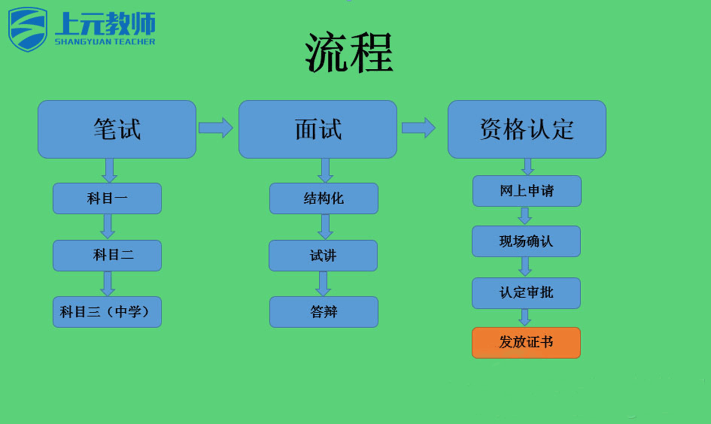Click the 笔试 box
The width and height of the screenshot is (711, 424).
point(117,129)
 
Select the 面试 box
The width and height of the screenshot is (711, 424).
point(318,129)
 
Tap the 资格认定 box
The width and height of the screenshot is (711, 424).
point(527,129)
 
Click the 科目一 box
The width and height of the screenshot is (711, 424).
point(107,198)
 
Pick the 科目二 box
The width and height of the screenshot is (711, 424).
point(107,255)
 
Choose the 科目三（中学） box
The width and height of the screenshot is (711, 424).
point(107,312)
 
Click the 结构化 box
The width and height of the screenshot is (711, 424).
point(324,198)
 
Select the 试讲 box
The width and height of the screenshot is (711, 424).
point(323,255)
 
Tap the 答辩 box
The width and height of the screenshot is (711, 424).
point(324,312)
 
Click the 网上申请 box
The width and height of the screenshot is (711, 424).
point(527,191)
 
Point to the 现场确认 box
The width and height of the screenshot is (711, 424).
point(526,241)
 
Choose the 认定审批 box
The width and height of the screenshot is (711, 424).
point(526,293)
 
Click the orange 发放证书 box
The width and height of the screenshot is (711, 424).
point(526,343)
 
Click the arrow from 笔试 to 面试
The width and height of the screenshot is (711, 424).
point(216,128)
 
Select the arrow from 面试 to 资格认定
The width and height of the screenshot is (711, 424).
point(418,128)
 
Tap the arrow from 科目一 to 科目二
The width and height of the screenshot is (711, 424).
point(108,227)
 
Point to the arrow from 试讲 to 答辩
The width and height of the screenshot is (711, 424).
point(323,284)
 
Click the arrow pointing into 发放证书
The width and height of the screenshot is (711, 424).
point(525,317)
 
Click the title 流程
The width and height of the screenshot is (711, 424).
point(349,52)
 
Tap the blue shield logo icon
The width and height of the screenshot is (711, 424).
point(28,29)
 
